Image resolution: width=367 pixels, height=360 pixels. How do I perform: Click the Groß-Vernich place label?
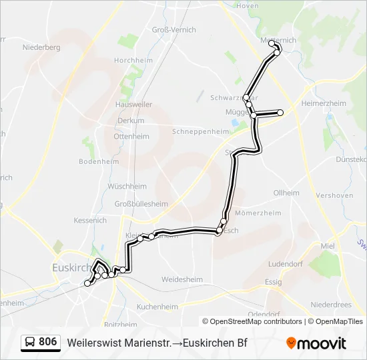pyautogui.click(x=174, y=30)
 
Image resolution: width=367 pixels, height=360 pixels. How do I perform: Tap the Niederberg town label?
pyautogui.click(x=41, y=47)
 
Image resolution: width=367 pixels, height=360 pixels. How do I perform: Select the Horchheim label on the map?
pyautogui.click(x=134, y=60)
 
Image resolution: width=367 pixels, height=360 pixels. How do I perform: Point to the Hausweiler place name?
pyautogui.click(x=134, y=105)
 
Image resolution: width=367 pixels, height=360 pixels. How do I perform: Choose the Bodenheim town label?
pyautogui.click(x=99, y=161)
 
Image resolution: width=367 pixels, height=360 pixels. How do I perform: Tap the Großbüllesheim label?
pyautogui.click(x=141, y=203)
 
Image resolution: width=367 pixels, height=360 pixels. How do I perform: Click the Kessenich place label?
pyautogui.click(x=90, y=220)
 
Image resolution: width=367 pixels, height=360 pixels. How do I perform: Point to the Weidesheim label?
pyautogui.click(x=182, y=279)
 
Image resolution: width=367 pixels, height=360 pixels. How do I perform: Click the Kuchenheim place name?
pyautogui.click(x=157, y=307)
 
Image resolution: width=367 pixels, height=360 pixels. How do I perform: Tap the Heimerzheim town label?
pyautogui.click(x=324, y=103)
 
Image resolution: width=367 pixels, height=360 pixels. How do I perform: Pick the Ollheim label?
pyautogui.click(x=286, y=193)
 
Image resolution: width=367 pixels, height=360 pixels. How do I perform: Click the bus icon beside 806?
pyautogui.click(x=30, y=342)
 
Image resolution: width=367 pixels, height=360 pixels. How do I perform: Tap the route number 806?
pyautogui.click(x=48, y=342)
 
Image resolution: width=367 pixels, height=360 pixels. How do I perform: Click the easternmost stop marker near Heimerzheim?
pyautogui.click(x=281, y=113)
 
